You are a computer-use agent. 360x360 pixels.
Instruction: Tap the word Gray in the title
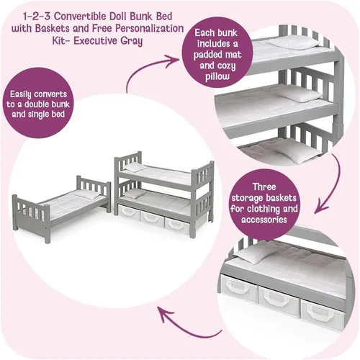click(x=131, y=41)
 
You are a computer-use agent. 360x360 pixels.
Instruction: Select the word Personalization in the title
click(x=150, y=28)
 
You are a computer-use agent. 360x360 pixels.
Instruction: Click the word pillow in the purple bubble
click(x=217, y=77)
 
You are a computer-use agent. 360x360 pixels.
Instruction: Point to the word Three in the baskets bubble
click(x=264, y=186)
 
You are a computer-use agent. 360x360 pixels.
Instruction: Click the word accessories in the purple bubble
click(x=264, y=220)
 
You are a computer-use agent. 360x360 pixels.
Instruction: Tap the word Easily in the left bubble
click(x=20, y=94)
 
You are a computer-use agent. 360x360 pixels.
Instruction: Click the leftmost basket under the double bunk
click(x=130, y=212)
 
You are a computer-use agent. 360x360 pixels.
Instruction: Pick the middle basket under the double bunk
click(x=152, y=217)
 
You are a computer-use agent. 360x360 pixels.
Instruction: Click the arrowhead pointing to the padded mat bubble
click(x=174, y=59)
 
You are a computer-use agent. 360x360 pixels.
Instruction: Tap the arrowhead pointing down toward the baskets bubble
click(x=323, y=208)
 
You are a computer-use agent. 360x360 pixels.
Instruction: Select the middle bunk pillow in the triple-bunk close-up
click(x=300, y=94)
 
